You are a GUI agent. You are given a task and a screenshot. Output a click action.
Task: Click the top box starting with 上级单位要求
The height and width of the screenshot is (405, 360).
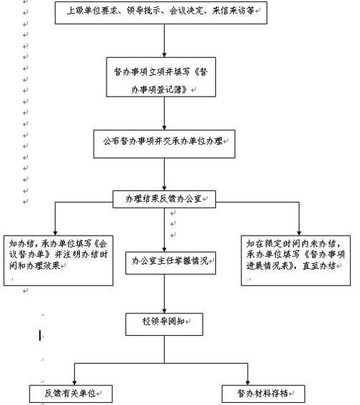165,12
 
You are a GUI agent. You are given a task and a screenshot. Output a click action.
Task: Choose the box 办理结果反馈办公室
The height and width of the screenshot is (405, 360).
165,197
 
